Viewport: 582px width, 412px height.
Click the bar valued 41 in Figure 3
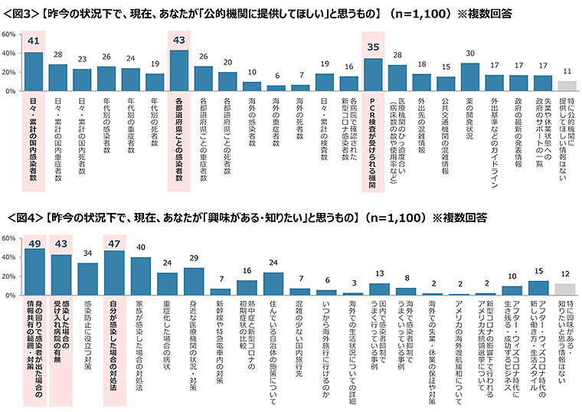(x=34, y=71)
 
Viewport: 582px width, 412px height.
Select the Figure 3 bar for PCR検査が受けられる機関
(x=373, y=74)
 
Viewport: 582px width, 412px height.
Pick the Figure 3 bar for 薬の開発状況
(x=470, y=77)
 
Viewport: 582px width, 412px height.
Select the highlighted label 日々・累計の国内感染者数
(x=34, y=138)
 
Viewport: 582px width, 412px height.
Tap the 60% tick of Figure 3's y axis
(x=9, y=34)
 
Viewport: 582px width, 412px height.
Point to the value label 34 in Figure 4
(x=87, y=253)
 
